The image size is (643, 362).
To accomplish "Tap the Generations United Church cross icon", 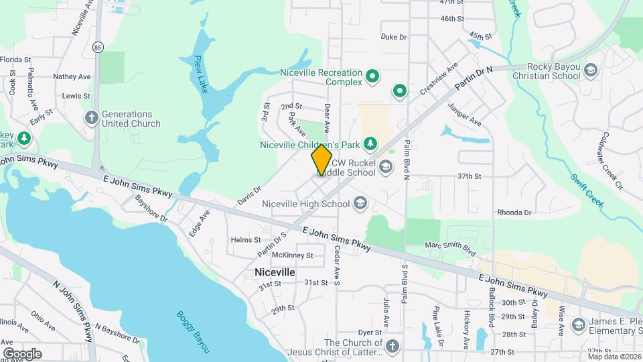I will click(92, 118).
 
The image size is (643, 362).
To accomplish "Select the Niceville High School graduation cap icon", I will click(360, 203).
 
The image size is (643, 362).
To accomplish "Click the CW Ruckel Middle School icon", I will click(384, 166).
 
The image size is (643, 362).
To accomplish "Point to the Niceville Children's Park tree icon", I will click(369, 143).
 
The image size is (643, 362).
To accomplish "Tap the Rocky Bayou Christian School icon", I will click(590, 70).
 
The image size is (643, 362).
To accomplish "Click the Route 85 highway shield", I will click(98, 48).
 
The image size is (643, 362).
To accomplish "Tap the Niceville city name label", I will click(275, 272).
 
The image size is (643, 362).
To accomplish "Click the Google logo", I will click(22, 353).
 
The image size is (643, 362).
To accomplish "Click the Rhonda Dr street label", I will click(514, 213).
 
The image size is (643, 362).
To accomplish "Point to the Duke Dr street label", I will click(394, 37).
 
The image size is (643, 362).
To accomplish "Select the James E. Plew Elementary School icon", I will click(577, 325).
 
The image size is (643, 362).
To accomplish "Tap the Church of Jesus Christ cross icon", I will click(392, 346).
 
